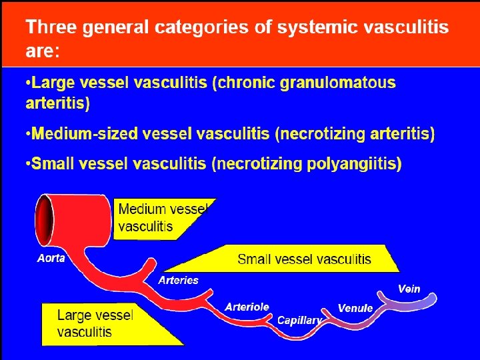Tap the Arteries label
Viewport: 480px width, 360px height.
pos(178,280)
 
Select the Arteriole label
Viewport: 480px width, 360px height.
pos(247,307)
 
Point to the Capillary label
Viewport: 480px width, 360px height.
pos(299,320)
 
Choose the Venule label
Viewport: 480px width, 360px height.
pos(355,308)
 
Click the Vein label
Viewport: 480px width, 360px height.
pos(409,289)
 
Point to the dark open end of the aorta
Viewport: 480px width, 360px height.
pos(45,219)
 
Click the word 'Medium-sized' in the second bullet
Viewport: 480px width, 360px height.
pos(79,134)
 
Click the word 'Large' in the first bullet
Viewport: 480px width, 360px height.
pos(54,83)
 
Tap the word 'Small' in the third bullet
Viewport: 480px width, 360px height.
pos(54,164)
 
